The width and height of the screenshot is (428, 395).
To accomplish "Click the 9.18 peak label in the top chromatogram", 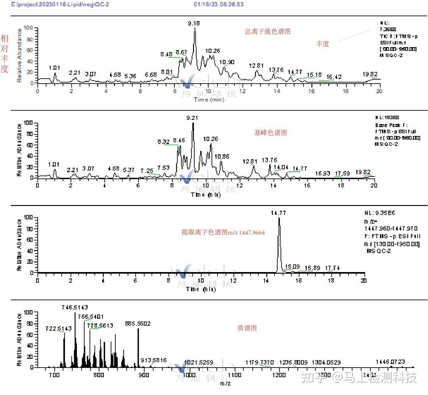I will tap(194, 23).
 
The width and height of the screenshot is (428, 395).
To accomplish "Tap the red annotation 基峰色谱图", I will tap(270, 133).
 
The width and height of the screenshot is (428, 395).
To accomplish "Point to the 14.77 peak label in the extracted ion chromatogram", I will tap(279, 213).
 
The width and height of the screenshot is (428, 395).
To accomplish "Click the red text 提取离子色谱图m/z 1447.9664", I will tap(223, 232).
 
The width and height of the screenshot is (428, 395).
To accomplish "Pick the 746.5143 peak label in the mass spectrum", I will tap(75, 307).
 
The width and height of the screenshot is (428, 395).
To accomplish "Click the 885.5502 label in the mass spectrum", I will tap(138, 324).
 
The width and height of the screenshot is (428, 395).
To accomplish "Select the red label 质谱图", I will tap(247, 328).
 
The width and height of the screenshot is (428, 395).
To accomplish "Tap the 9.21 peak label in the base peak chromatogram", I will tap(192, 118).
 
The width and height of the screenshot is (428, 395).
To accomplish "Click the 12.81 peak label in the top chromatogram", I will tap(256, 65).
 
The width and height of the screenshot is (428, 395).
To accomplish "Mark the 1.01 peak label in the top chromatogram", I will tap(54, 68).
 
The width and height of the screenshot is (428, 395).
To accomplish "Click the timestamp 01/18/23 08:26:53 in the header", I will tap(219, 4).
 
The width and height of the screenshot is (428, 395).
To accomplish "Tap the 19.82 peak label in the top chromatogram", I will tap(370, 74).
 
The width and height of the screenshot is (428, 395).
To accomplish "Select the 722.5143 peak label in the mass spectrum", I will tap(59, 328).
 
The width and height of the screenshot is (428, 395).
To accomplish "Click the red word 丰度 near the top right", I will tap(323, 44).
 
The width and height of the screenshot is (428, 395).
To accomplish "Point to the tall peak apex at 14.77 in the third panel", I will tap(279, 218).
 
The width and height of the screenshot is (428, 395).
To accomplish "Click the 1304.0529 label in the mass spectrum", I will tap(326, 362).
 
